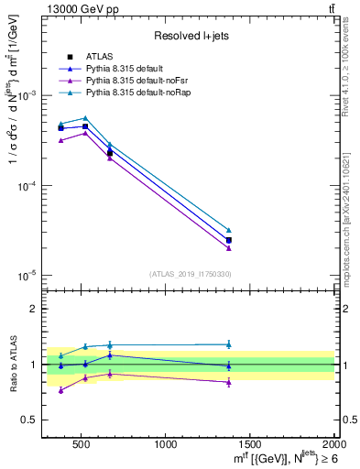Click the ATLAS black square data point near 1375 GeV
(x=229, y=240)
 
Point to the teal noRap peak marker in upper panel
(x=85, y=118)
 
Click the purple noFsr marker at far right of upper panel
(x=229, y=248)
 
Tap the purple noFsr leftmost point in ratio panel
(x=60, y=390)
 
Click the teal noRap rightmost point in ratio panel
(x=229, y=344)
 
